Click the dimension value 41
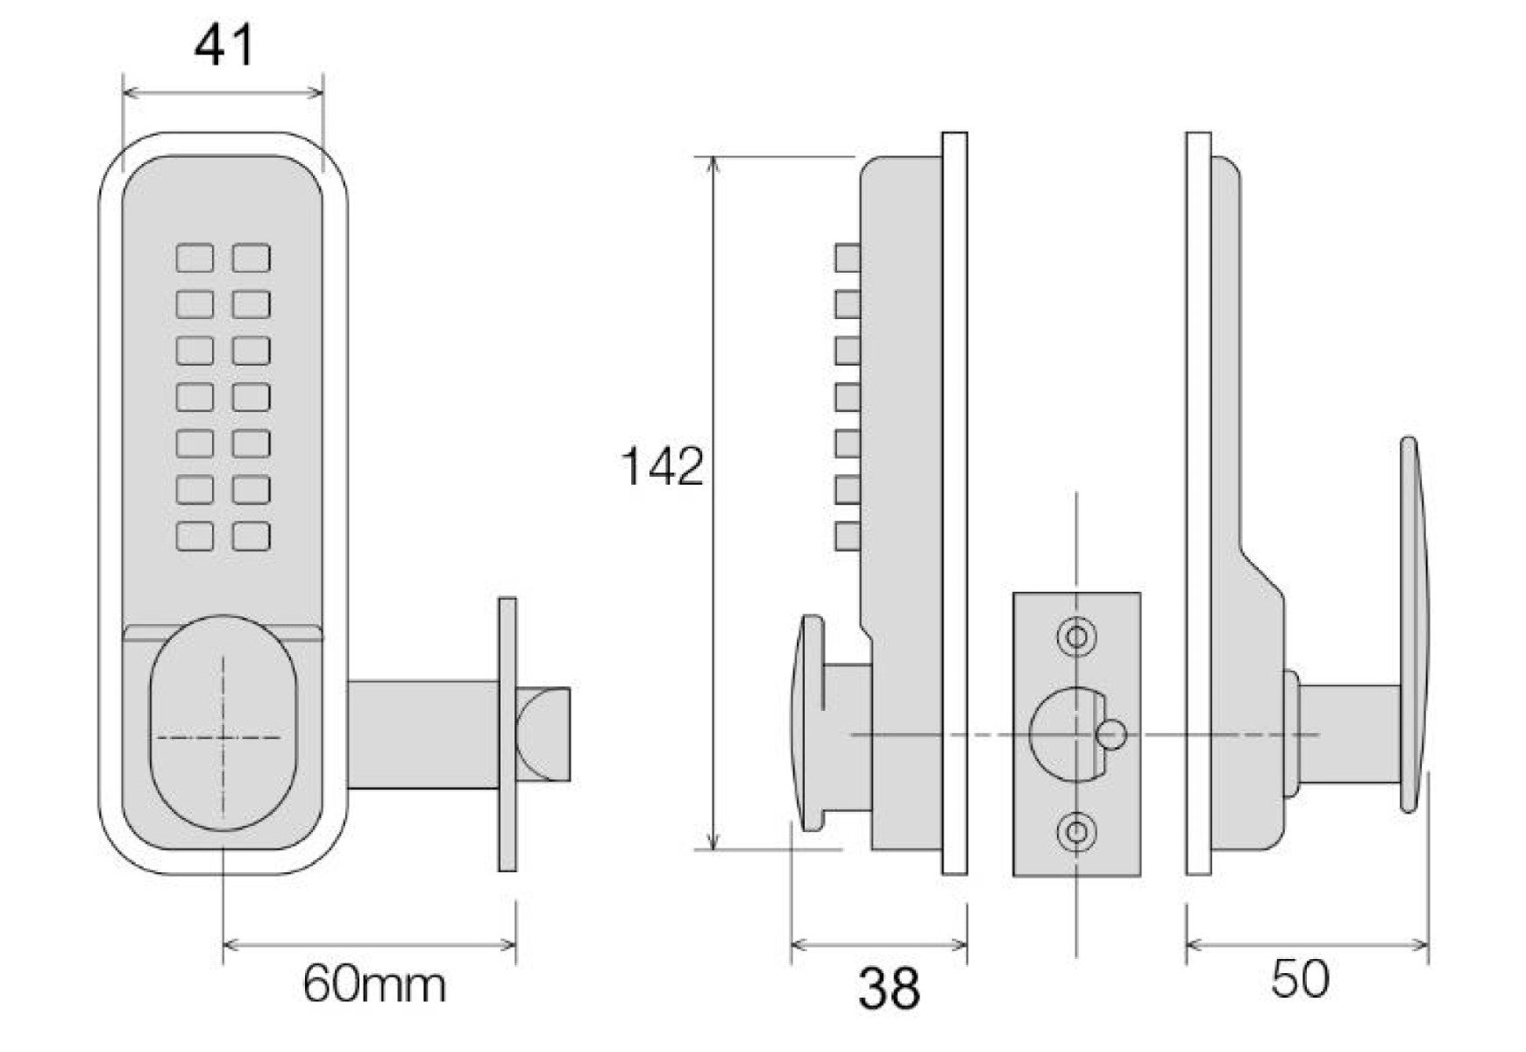click(224, 46)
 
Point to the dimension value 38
click(889, 988)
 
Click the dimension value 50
click(1300, 978)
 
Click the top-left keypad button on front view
click(195, 259)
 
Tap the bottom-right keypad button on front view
click(252, 536)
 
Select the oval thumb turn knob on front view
click(224, 722)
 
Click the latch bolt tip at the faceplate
click(543, 735)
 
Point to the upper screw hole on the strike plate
click(1076, 636)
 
